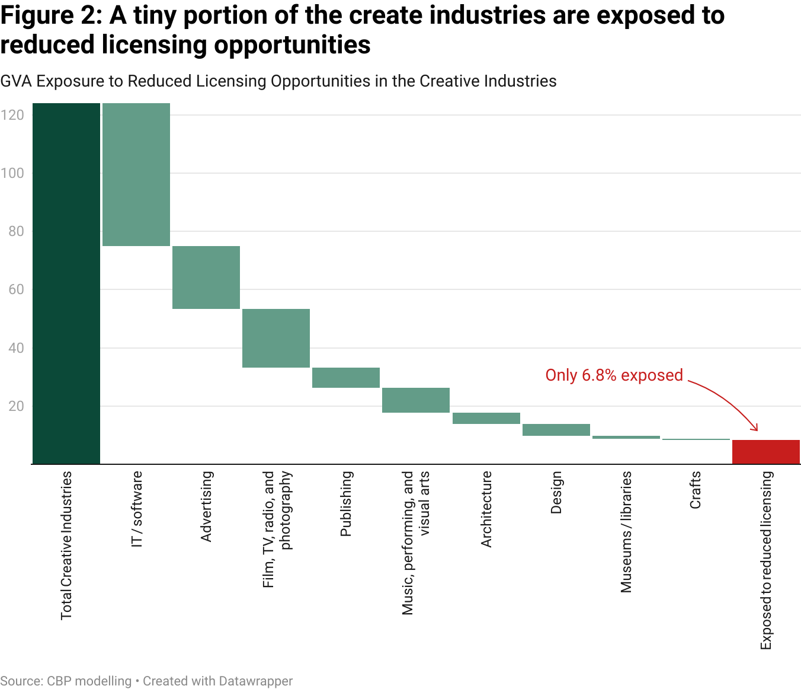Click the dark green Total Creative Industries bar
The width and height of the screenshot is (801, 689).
(66, 283)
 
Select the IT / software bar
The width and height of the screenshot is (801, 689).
(136, 174)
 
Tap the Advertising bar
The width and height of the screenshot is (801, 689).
(206, 277)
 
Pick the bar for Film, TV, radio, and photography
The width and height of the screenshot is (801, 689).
(276, 338)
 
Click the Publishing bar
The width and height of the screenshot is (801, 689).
(346, 378)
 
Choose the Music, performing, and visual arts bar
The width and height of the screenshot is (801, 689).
(416, 400)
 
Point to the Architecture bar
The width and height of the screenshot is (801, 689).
(486, 418)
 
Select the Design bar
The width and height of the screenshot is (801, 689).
(556, 430)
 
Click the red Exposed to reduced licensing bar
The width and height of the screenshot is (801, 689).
(765, 452)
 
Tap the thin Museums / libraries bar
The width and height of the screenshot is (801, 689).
(626, 437)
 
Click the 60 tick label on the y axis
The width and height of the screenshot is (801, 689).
(16, 289)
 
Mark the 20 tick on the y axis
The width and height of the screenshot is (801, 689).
(16, 406)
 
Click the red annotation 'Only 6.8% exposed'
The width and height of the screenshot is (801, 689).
(614, 375)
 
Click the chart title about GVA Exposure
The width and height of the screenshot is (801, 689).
(278, 81)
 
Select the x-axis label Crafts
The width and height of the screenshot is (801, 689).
(696, 490)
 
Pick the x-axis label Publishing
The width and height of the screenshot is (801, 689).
(346, 503)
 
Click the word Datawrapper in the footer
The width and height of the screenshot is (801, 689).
(255, 681)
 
